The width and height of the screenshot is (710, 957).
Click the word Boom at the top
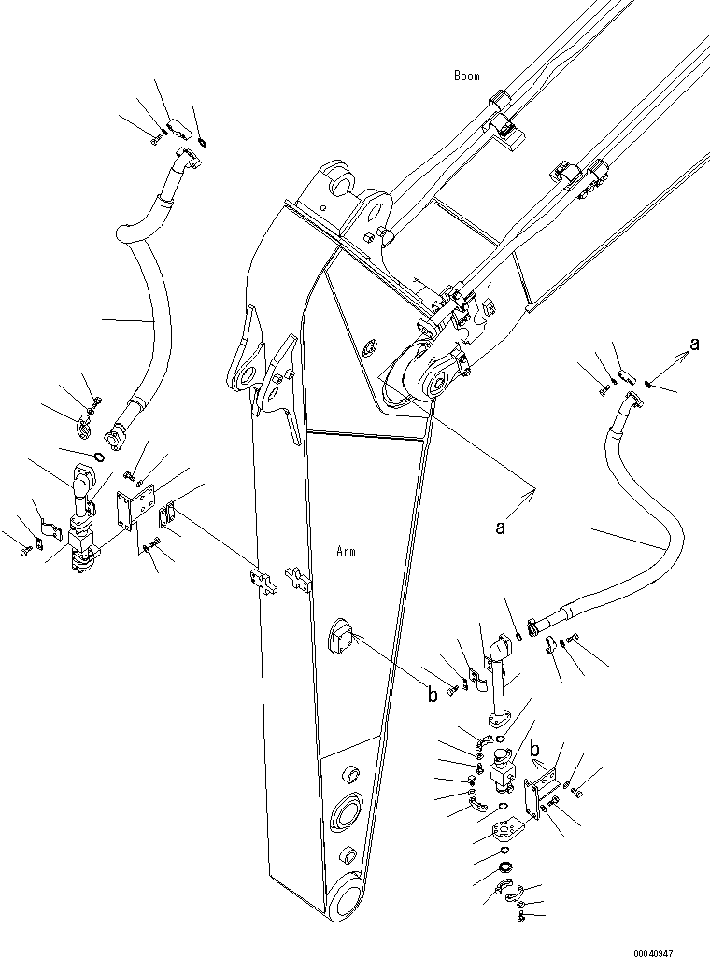[467, 76]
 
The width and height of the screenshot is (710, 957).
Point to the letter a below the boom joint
[501, 528]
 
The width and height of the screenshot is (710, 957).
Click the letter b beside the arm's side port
[432, 694]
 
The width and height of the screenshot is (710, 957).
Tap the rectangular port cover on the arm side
[339, 639]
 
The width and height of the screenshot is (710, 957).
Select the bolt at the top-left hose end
[154, 139]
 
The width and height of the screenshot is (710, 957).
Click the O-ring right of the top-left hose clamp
[203, 142]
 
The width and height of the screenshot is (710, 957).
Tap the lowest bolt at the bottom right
[520, 920]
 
